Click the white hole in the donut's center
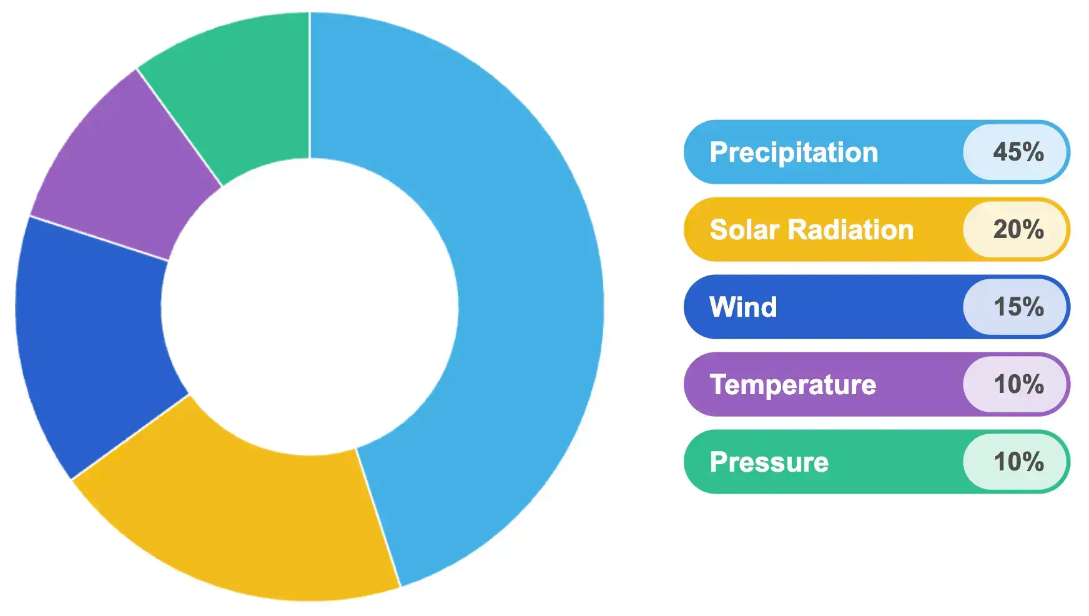[310, 307]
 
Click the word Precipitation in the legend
[794, 153]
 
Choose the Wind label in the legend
[743, 307]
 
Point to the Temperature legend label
[793, 385]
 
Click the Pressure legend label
[769, 462]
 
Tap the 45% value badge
[1015, 152]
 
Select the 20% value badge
[1015, 229]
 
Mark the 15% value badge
[1015, 307]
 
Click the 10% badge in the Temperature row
[1015, 384]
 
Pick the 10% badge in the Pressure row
[1015, 462]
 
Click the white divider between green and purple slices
[179, 127]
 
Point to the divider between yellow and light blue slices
[378, 517]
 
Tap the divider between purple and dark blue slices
[99, 238]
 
